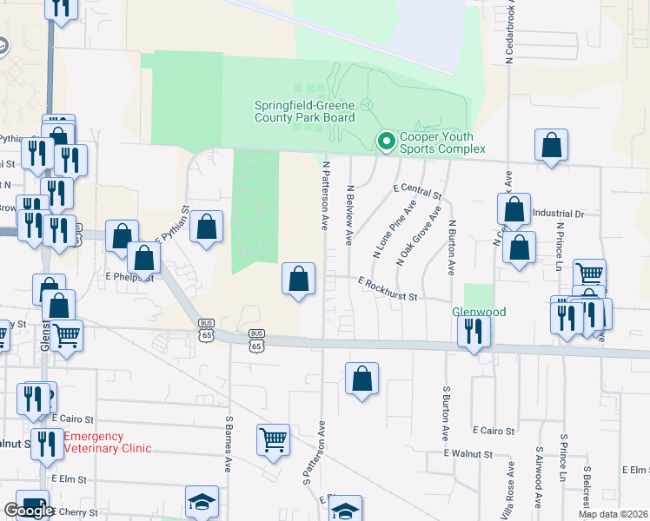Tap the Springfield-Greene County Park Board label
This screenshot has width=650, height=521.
coord(304,111)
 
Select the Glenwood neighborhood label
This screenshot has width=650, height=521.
coord(478,312)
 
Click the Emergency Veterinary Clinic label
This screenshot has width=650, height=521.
coord(107,443)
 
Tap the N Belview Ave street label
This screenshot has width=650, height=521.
coord(350,214)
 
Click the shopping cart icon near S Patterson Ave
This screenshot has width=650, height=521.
coord(273,440)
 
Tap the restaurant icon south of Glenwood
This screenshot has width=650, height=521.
coord(474,331)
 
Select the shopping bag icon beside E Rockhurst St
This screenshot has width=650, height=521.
coord(298,280)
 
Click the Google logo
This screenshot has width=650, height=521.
coord(29,511)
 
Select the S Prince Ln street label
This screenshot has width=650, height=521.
coord(563,460)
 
